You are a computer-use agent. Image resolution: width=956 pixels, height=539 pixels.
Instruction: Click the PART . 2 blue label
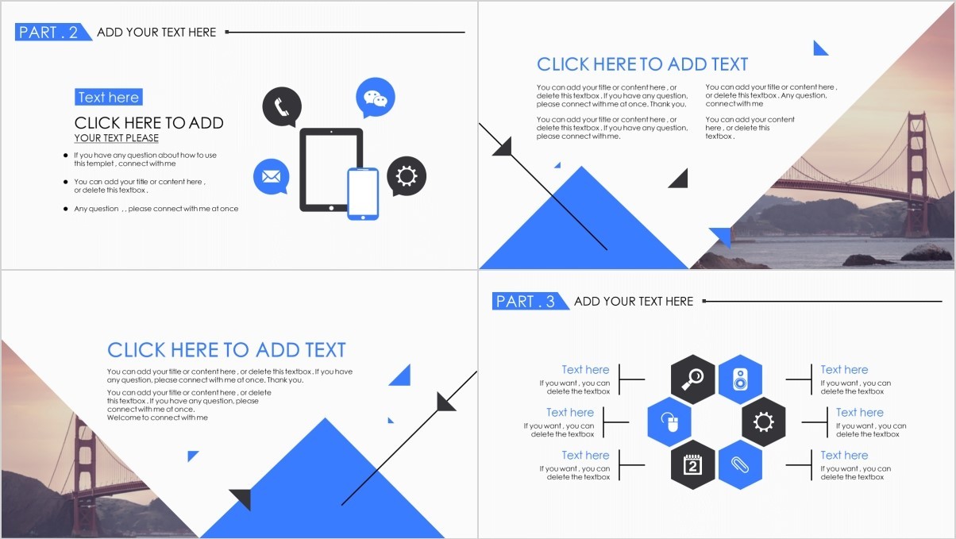(x=53, y=32)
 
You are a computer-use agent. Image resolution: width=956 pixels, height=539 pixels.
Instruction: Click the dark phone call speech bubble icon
(x=282, y=106)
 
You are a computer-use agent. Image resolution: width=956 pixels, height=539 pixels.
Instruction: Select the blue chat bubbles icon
(x=375, y=98)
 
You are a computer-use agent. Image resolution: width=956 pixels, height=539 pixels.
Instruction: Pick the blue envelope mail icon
(x=271, y=176)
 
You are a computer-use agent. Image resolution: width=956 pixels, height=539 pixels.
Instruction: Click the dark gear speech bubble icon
(x=407, y=175)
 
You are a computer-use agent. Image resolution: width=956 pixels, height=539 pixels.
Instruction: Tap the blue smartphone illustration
(x=363, y=194)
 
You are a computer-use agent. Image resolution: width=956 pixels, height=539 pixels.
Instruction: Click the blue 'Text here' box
(x=109, y=97)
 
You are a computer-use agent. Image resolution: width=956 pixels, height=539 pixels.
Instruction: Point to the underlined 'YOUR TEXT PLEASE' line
(x=116, y=138)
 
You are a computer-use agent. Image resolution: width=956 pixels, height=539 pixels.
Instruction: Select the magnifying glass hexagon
(x=692, y=379)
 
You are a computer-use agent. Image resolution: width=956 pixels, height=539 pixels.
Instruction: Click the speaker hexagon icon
(x=740, y=379)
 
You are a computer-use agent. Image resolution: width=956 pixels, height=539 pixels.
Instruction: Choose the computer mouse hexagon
(x=669, y=422)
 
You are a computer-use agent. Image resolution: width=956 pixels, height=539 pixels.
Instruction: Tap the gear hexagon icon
(x=764, y=422)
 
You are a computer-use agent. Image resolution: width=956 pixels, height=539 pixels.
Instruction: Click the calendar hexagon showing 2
(x=692, y=464)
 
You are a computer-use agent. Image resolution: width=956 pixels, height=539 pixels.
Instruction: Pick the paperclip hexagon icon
(x=740, y=464)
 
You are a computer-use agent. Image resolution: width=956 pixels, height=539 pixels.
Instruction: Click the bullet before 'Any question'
(x=65, y=209)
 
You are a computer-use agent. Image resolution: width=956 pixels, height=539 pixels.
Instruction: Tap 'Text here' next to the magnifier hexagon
(x=585, y=370)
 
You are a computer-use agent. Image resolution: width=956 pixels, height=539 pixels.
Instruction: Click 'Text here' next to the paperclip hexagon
(x=844, y=455)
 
